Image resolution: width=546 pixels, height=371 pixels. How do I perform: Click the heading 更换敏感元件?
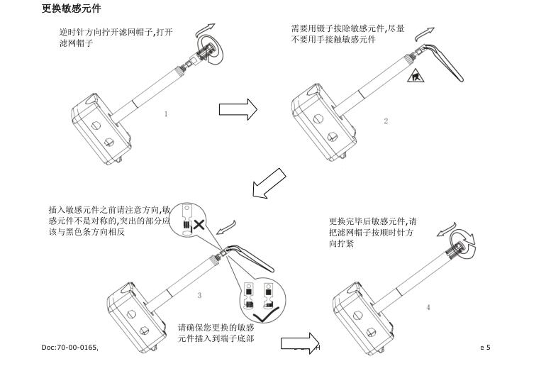(x=72, y=9)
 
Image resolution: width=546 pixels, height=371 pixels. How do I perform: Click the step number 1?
(x=166, y=113)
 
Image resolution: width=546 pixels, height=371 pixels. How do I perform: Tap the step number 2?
(x=386, y=121)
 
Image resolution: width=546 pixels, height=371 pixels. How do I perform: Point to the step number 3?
(x=199, y=295)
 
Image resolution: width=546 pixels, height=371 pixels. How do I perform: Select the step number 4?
(x=428, y=307)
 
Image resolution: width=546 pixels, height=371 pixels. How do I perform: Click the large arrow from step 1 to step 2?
(x=238, y=110)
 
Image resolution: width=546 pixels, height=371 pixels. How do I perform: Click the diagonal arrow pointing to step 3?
(x=270, y=184)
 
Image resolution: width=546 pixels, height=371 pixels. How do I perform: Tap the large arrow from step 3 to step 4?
(x=298, y=343)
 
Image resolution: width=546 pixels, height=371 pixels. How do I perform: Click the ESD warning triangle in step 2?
(x=415, y=74)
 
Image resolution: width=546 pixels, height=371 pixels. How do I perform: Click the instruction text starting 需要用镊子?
(x=347, y=34)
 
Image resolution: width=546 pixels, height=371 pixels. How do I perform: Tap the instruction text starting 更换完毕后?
(x=373, y=232)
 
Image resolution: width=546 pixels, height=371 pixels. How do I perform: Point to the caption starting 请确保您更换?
(x=216, y=333)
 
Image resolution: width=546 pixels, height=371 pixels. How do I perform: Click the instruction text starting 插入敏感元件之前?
(x=108, y=221)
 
